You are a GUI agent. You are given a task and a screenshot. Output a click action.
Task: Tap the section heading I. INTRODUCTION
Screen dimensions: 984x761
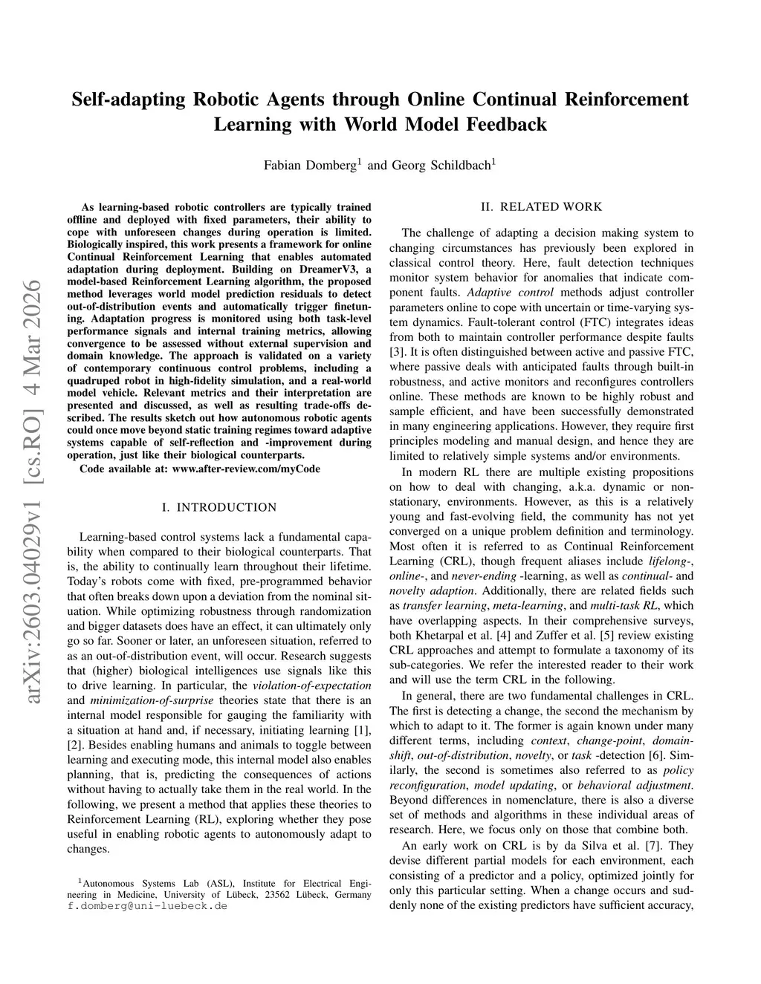pos(218,508)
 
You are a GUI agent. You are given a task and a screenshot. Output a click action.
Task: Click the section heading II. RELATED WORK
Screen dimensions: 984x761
pos(541,206)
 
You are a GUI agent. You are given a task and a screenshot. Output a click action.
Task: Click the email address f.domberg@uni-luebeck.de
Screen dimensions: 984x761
pos(147,907)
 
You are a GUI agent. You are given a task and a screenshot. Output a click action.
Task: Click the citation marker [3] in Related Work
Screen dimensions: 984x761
pos(397,352)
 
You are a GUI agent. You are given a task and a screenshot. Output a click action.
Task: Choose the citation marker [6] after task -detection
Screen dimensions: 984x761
pos(655,755)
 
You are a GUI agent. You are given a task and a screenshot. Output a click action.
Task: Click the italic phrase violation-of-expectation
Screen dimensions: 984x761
pos(312,685)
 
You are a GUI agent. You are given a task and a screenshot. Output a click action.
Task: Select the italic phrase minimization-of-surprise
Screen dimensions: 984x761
pos(152,700)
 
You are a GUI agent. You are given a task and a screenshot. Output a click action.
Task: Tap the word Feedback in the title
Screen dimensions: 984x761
pos(506,124)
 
